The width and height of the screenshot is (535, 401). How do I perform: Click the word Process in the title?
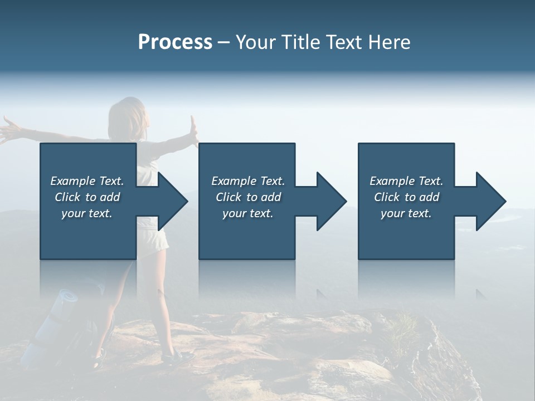175,42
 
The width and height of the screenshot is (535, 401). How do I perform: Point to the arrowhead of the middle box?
330,201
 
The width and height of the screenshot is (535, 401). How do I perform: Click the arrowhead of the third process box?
490,201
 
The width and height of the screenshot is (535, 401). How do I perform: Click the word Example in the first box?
72,181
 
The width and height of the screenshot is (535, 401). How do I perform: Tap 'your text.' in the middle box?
247,213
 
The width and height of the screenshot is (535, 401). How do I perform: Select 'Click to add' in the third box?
406,197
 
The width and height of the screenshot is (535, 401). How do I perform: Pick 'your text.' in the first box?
87,213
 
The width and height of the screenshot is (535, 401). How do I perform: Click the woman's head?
127,114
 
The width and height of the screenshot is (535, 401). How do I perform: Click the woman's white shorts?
153,243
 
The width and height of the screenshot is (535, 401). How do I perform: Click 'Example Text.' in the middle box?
247,181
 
